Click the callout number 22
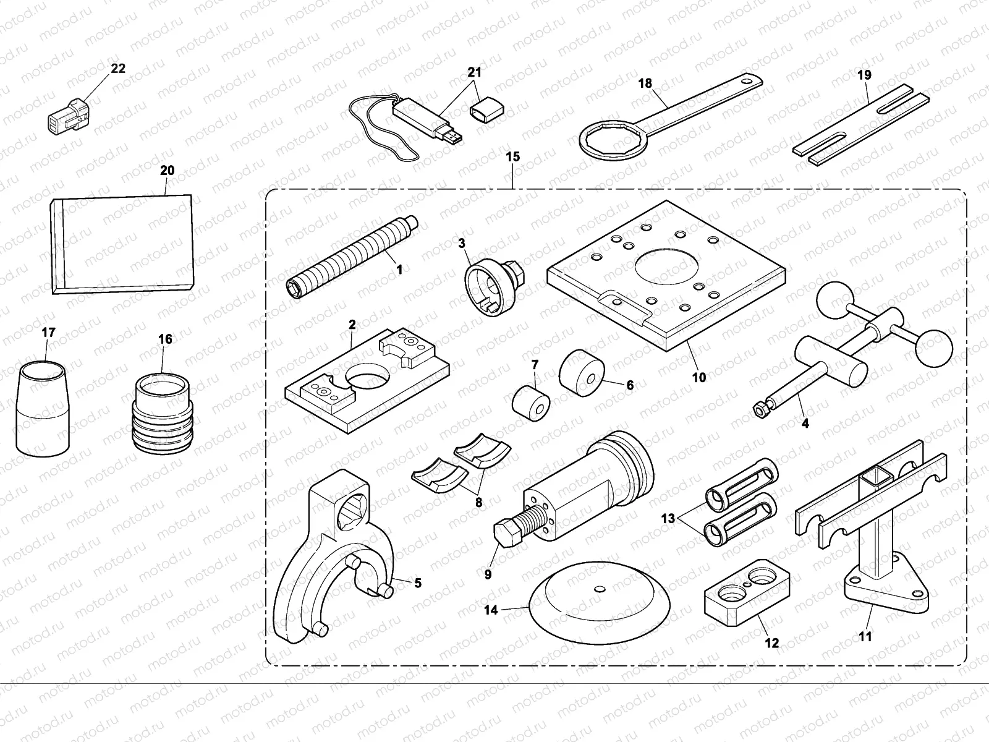point(117,69)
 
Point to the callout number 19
point(864,75)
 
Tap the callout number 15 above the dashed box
point(513,157)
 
